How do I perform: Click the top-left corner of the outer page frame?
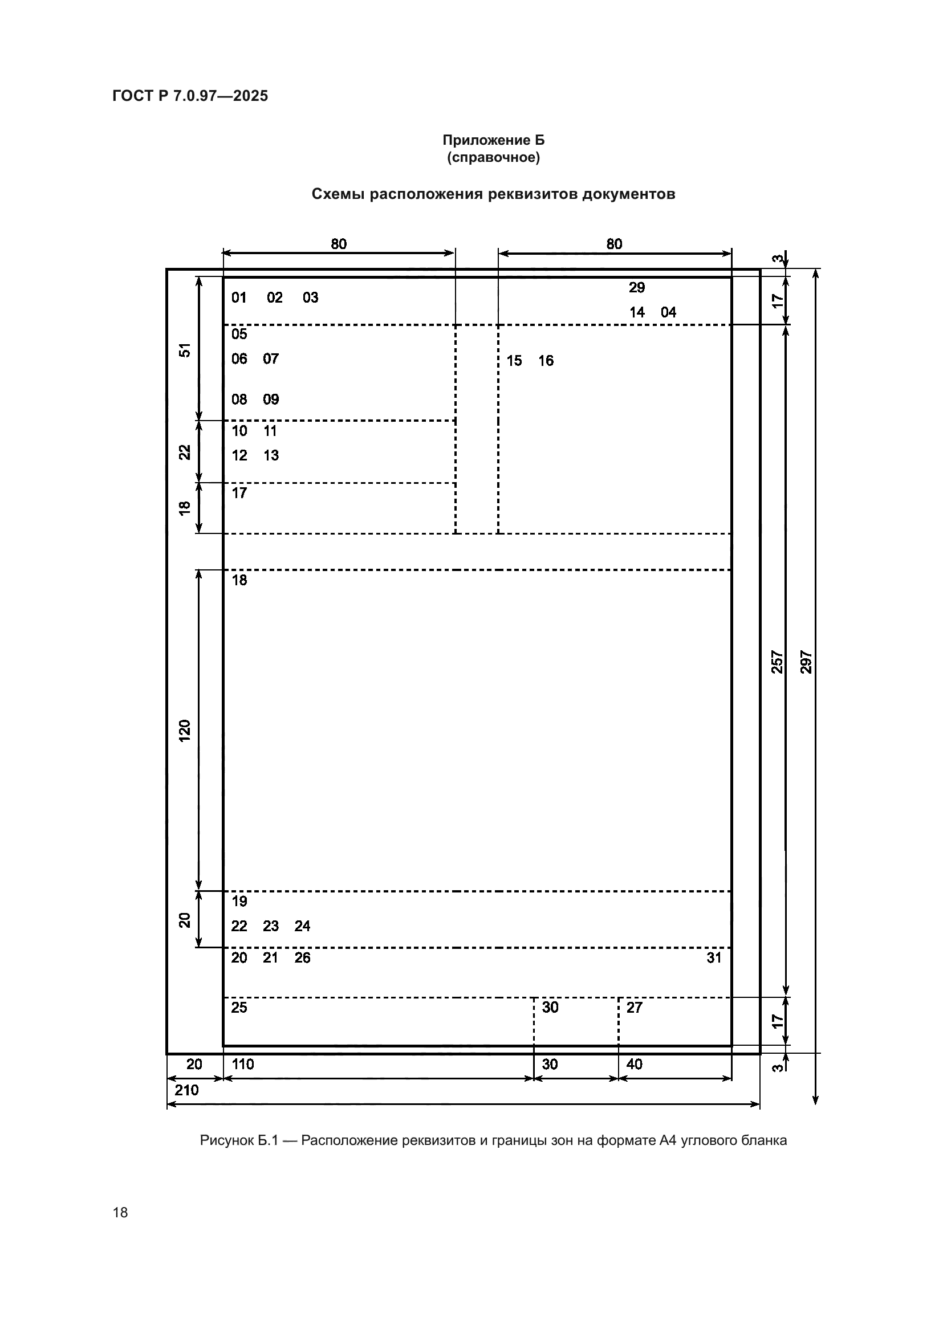(167, 270)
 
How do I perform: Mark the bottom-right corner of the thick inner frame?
(731, 1046)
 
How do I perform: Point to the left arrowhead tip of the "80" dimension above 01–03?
(223, 253)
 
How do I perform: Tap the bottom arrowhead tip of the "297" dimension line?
(815, 1104)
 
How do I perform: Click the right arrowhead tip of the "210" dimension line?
(759, 1104)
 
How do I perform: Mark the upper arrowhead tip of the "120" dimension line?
(198, 569)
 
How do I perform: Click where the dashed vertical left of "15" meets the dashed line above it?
(498, 325)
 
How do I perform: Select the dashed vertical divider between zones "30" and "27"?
(619, 1021)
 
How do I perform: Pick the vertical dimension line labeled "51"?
(198, 349)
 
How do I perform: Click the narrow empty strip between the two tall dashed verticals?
(477, 429)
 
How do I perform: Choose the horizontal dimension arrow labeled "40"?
(674, 1078)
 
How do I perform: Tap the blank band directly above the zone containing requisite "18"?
(477, 552)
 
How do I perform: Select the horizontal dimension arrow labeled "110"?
(379, 1078)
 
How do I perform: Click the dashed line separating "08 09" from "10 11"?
(339, 421)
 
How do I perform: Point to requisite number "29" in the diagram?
(637, 287)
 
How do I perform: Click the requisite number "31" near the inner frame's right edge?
(714, 957)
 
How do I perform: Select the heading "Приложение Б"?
(494, 140)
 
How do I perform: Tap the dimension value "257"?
(777, 662)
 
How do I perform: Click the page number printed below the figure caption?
(120, 1212)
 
